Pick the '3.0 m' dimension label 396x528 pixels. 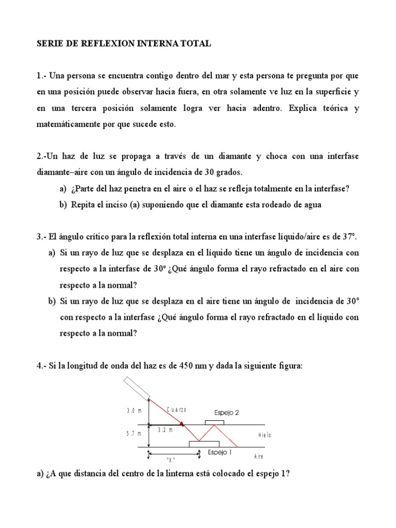point(134,411)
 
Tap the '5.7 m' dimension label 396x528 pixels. point(134,434)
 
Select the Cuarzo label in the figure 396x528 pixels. point(176,409)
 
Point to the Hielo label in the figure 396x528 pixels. point(265,435)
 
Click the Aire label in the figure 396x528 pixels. point(259,457)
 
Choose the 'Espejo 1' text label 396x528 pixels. point(220,452)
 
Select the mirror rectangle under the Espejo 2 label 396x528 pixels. point(214,423)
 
